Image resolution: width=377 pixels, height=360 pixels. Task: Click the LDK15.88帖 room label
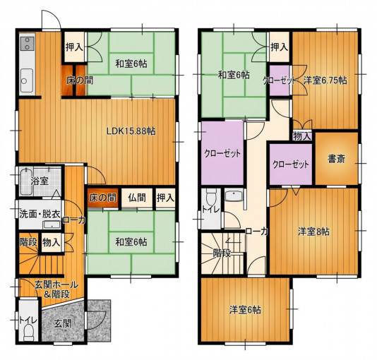click(131, 131)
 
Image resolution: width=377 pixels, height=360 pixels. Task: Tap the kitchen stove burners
click(27, 44)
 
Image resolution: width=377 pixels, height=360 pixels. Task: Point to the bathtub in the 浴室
click(26, 181)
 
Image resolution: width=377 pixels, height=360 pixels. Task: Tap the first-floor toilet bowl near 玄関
click(30, 332)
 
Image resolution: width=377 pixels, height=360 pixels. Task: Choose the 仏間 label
click(137, 198)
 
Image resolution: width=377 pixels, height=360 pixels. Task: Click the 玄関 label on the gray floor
click(63, 324)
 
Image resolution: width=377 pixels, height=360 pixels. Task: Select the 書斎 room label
click(336, 159)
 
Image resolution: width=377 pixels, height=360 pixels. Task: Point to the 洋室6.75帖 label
click(325, 80)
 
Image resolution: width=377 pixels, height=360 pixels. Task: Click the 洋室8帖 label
click(313, 232)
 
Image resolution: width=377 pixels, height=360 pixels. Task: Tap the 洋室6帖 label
click(245, 310)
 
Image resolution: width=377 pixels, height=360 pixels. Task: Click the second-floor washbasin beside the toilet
click(234, 196)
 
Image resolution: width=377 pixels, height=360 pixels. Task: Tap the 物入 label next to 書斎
click(302, 136)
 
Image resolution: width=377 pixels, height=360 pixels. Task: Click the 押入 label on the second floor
click(279, 47)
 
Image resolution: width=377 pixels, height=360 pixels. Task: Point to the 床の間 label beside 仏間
click(102, 198)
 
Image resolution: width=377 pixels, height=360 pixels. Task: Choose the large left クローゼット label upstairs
click(222, 153)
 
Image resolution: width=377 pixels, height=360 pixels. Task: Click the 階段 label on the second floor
click(222, 253)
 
